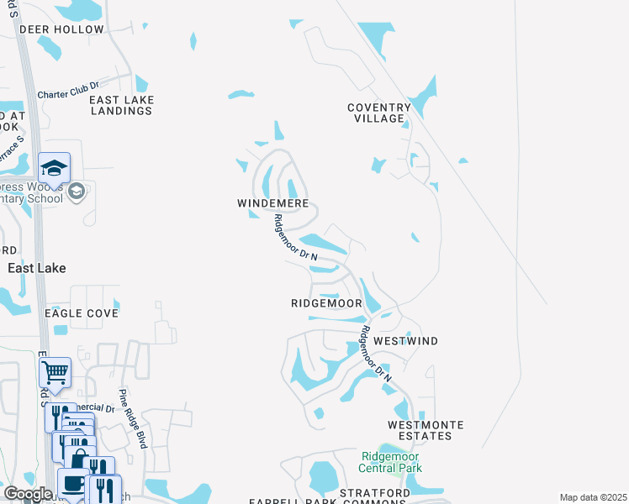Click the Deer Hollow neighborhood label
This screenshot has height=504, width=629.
(61, 29)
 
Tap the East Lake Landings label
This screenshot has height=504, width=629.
(122, 105)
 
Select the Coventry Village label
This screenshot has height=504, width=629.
(379, 113)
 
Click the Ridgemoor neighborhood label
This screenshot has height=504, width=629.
(326, 303)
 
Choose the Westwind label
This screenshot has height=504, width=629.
(406, 341)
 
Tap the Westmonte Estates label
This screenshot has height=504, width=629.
(420, 430)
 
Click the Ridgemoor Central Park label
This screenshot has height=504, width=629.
(389, 462)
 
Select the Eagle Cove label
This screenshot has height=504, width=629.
(81, 313)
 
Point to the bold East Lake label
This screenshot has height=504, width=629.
(37, 267)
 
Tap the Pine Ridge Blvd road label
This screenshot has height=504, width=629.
(132, 418)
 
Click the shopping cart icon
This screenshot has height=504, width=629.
(55, 370)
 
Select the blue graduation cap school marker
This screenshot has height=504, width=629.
(54, 165)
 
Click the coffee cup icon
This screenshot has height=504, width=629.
(73, 484)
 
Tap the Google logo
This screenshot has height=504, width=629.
(28, 494)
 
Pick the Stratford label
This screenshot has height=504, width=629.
(375, 492)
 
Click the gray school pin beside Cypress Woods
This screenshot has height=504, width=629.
(77, 192)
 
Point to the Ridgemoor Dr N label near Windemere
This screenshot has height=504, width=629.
(294, 238)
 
